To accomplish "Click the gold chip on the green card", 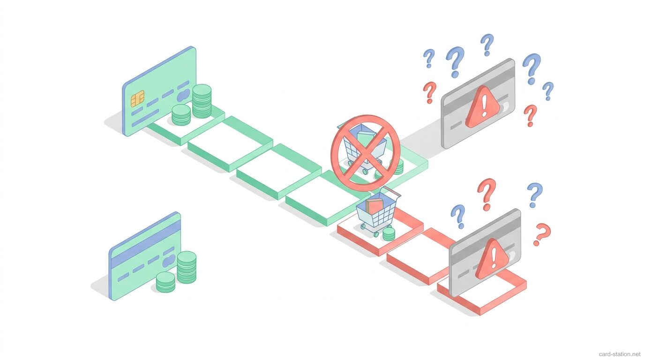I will tap(137, 99).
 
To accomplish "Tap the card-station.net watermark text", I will tap(619, 354).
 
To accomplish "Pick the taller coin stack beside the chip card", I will tap(202, 101).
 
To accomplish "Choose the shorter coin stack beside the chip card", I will tap(181, 115).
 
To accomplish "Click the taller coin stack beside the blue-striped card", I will tap(187, 267).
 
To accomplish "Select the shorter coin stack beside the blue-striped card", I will tap(165, 282).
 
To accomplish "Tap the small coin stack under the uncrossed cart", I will tap(389, 234).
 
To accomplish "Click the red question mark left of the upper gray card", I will tap(429, 92).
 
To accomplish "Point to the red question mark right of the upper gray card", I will tap(530, 115).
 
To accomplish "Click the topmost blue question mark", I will tap(487, 45).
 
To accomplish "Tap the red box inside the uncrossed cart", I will tap(374, 206).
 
